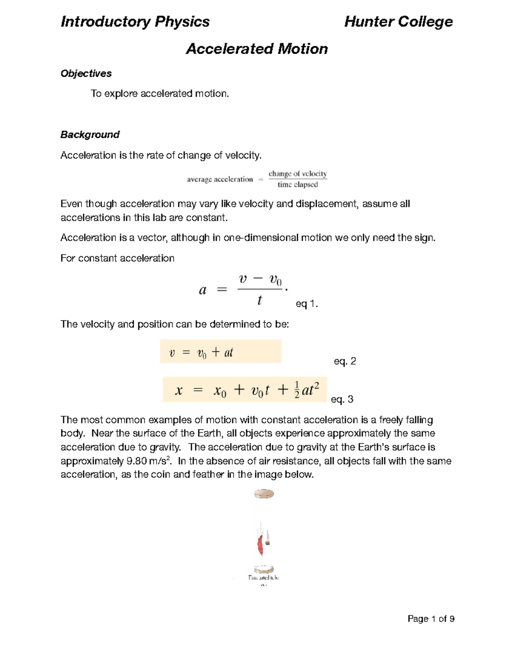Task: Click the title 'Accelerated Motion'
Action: click(x=257, y=49)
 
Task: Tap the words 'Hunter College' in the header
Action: click(x=398, y=21)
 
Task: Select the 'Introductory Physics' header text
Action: click(x=135, y=21)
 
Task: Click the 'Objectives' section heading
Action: click(x=86, y=73)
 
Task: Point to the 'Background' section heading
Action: click(x=90, y=135)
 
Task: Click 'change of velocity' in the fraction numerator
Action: click(x=297, y=174)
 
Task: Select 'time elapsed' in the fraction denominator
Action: click(x=297, y=185)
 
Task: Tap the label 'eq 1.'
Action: click(x=307, y=304)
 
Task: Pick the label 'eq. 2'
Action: click(x=345, y=361)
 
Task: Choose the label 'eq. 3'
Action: click(x=342, y=399)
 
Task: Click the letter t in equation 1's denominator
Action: click(x=259, y=301)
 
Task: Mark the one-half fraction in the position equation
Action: click(x=297, y=390)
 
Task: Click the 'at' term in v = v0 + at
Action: click(x=228, y=353)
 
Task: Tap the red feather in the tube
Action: click(x=260, y=545)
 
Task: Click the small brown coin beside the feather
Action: click(x=268, y=542)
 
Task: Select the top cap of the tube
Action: click(x=264, y=494)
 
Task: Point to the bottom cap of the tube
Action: click(x=264, y=569)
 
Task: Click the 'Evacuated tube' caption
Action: click(x=264, y=578)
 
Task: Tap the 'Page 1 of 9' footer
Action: click(x=431, y=618)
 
